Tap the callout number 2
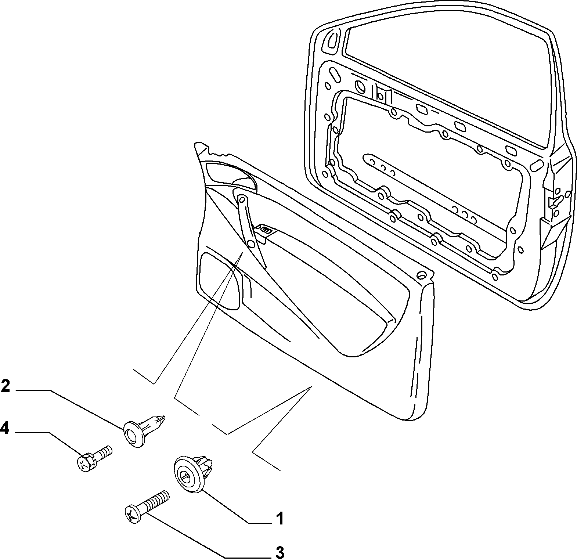(x=6, y=386)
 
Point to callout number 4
(x=5, y=429)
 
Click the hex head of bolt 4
(x=86, y=463)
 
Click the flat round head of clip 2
(x=133, y=434)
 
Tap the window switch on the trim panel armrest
(x=266, y=230)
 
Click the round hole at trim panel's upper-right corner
(x=422, y=275)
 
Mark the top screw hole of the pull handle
(x=242, y=199)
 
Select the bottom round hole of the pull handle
(x=251, y=244)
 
